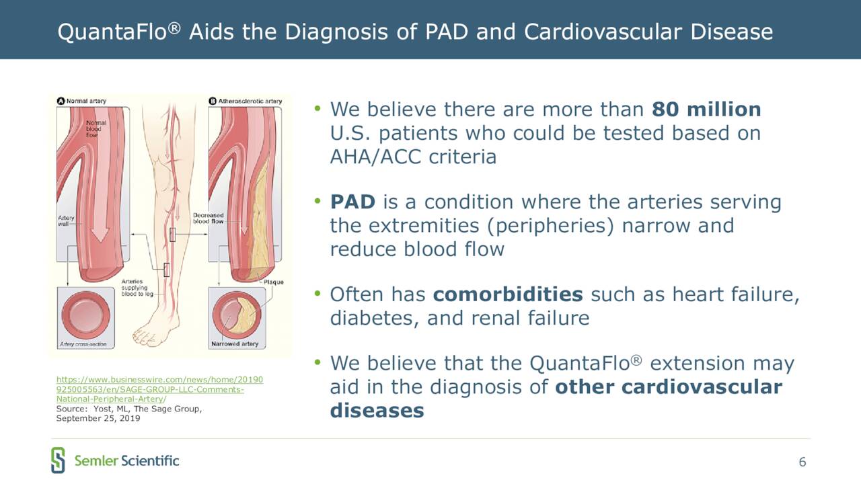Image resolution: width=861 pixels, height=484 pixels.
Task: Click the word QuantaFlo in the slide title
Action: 112,32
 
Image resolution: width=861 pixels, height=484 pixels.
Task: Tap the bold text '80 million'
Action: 706,109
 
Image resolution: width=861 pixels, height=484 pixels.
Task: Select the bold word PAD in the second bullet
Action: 353,202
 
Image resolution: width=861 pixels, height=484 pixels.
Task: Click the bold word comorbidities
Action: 508,294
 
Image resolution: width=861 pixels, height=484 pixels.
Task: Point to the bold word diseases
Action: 377,410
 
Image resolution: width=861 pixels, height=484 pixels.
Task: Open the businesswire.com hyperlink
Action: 159,389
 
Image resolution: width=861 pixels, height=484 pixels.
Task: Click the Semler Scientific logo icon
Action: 58,460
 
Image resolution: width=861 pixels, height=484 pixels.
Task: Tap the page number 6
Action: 802,462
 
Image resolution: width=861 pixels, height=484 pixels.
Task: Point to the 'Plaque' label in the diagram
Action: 273,282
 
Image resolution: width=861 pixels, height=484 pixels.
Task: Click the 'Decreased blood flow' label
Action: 208,218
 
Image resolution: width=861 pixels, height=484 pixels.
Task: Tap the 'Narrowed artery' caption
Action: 235,344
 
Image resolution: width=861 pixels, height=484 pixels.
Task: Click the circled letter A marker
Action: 61,101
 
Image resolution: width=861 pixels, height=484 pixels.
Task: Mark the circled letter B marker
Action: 213,101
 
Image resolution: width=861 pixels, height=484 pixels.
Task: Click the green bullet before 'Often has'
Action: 317,294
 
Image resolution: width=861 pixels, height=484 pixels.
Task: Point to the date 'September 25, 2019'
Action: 98,418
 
